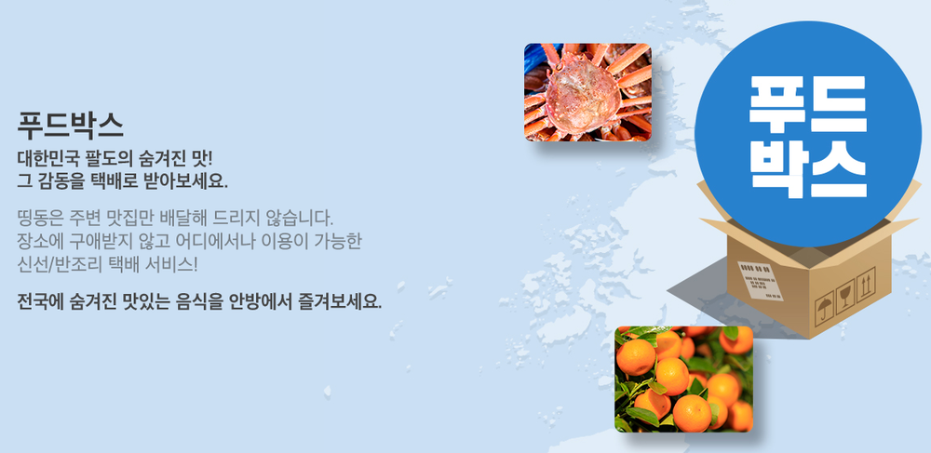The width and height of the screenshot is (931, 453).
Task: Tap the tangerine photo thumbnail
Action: coord(684,379)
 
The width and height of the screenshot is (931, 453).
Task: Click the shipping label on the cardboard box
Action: coord(760,281)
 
